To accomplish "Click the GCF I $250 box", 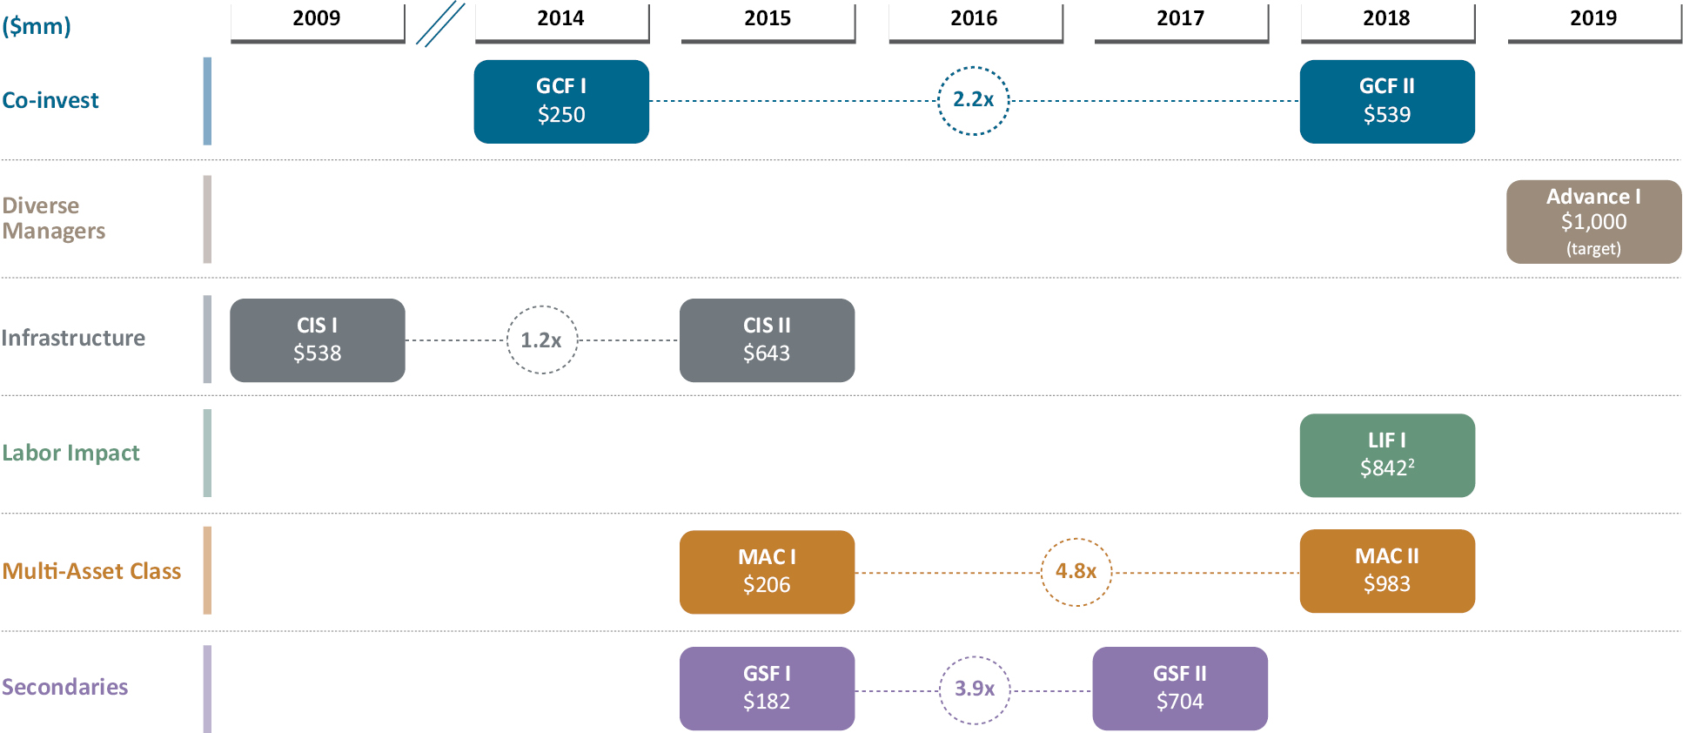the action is pos(561,101).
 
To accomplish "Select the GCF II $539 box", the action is pos(1387,101).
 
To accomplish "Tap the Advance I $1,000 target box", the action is pos(1593,222).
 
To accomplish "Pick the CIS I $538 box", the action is pos(317,340).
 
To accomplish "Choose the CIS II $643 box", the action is pos(767,340).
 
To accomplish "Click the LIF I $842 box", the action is pos(1387,455).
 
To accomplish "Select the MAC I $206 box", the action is pos(767,572).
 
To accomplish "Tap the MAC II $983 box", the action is pos(1387,571).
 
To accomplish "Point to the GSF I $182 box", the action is pos(767,689).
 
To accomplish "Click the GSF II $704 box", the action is pos(1180,689).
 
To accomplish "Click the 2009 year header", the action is pos(317,19).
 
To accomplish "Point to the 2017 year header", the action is pos(1181,19).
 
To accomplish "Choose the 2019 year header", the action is pos(1594,19).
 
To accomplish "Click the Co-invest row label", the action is pos(50,100).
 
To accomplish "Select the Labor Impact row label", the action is pos(70,454).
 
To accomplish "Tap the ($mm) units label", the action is pos(37,26).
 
